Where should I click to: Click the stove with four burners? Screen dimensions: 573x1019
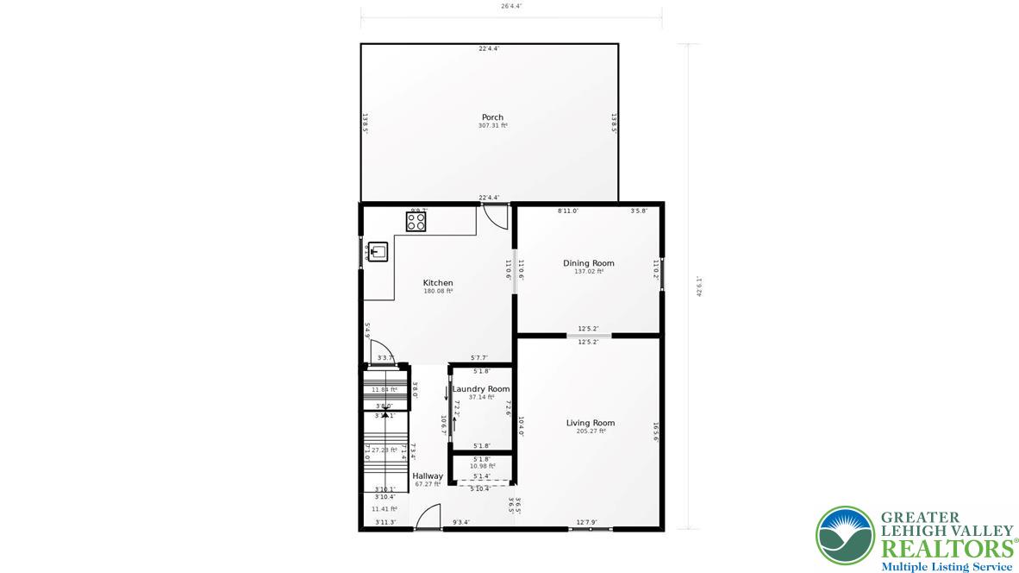[x=416, y=222]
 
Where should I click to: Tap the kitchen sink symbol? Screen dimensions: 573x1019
[x=378, y=252]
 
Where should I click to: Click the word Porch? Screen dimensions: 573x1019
[x=492, y=117]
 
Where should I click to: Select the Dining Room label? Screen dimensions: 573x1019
[x=589, y=263]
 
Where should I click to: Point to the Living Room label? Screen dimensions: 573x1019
[x=591, y=423]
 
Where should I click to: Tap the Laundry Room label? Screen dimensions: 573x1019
[x=481, y=389]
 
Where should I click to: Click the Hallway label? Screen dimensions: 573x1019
[x=428, y=476]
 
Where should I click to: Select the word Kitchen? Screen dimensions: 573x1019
[x=438, y=283]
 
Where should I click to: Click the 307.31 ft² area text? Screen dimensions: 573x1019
[x=492, y=126]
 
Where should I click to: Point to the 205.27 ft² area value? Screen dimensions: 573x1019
[x=591, y=431]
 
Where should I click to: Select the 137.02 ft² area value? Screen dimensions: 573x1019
[x=589, y=271]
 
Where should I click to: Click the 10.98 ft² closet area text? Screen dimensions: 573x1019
[x=482, y=466]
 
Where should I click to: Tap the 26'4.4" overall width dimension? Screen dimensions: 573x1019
[x=510, y=6]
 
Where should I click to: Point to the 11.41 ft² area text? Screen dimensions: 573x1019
[x=384, y=509]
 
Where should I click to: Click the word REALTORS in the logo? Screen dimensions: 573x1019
[x=946, y=549]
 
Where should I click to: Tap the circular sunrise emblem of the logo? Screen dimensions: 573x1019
[x=845, y=535]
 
